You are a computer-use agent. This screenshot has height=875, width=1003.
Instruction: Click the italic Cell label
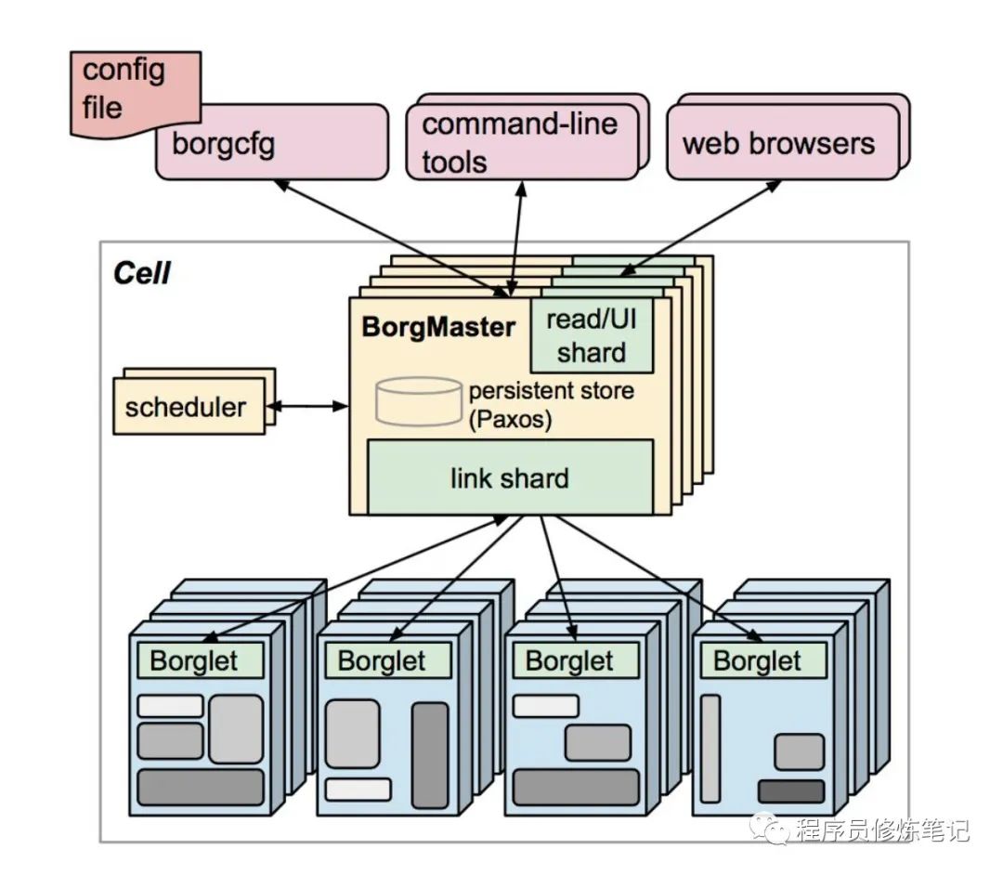tap(142, 273)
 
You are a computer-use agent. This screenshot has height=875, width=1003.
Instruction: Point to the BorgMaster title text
tap(438, 327)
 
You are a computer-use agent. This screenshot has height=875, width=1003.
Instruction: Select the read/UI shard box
tap(592, 335)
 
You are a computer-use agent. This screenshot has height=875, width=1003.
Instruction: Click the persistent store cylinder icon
tap(419, 401)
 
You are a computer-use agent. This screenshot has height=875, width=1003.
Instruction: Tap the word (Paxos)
tap(510, 420)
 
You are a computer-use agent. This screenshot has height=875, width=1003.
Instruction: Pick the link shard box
tap(510, 477)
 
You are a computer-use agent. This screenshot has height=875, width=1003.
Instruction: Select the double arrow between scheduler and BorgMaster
tap(307, 406)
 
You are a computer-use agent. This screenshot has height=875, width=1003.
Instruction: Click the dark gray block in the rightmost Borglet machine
tap(791, 791)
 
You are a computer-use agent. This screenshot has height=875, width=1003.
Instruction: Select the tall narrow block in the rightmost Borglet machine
tap(710, 749)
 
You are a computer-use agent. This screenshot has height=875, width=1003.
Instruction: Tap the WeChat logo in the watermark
tap(770, 829)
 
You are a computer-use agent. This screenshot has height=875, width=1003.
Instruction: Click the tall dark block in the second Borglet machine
tap(430, 755)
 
